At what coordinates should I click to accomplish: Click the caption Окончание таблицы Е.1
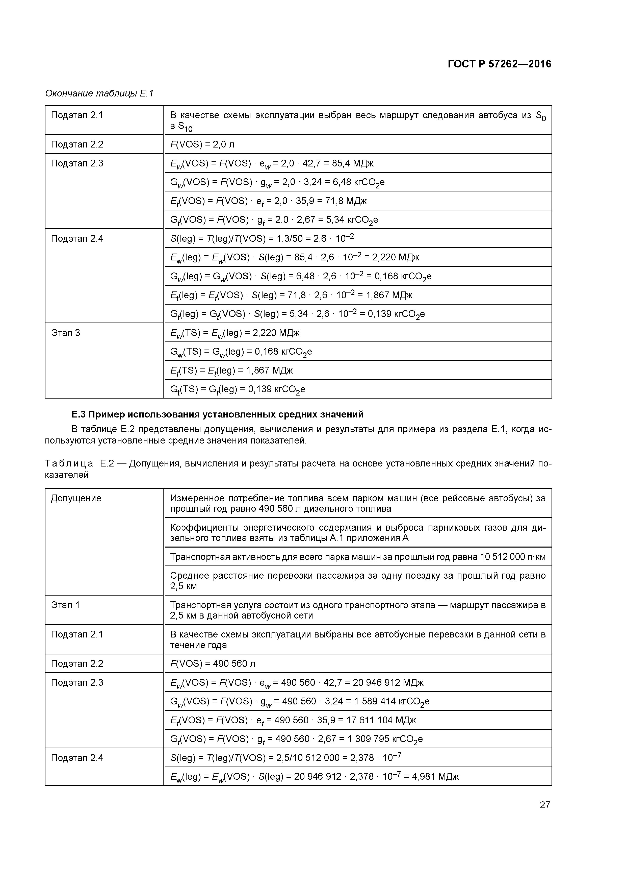point(99,93)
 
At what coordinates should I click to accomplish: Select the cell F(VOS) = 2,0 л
point(202,144)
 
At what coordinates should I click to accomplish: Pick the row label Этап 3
point(66,333)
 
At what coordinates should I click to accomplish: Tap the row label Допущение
point(76,498)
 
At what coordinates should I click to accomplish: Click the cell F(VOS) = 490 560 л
point(213,664)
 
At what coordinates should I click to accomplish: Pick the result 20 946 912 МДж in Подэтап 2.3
point(388,683)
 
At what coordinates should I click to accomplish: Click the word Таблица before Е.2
point(69,463)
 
